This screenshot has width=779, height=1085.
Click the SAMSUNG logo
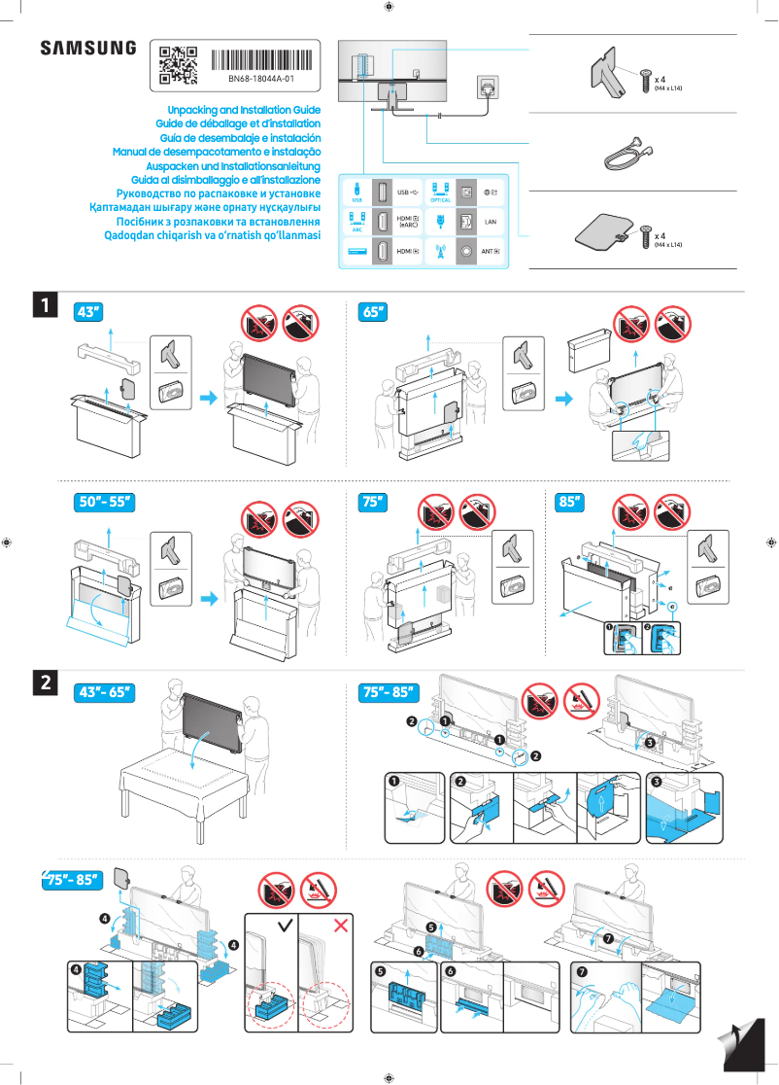tap(88, 48)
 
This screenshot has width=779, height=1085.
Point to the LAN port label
tap(491, 223)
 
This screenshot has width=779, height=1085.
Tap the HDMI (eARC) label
tap(409, 223)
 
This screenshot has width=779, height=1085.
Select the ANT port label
tap(491, 252)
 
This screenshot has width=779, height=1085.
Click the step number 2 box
tap(45, 683)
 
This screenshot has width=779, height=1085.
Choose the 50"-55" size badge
tap(104, 503)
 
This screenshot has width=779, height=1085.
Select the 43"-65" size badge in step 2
tap(104, 693)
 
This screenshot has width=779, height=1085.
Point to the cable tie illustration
tap(622, 153)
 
